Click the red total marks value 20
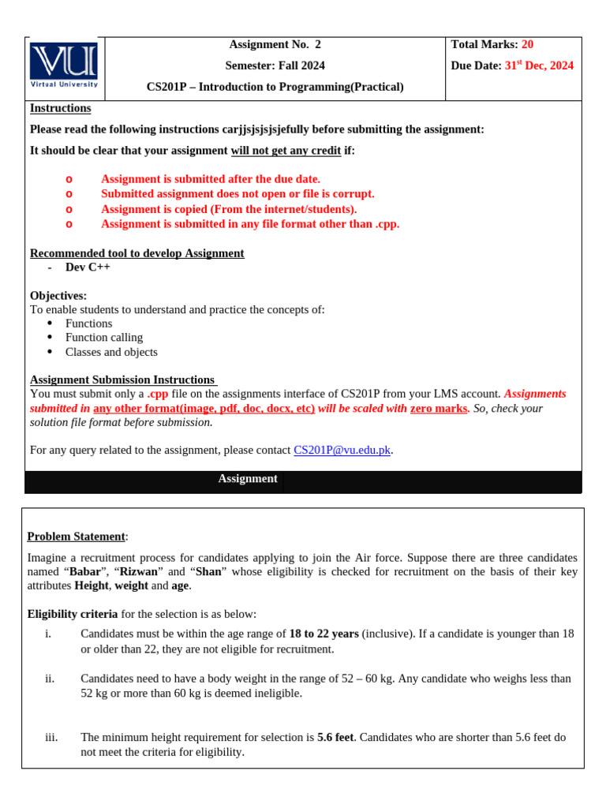(x=528, y=45)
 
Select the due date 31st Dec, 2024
(x=538, y=65)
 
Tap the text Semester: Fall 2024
(x=275, y=65)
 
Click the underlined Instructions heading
(x=60, y=108)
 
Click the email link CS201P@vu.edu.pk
(x=342, y=451)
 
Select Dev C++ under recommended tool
(x=88, y=267)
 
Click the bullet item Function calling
(x=104, y=338)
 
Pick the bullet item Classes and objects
(x=111, y=352)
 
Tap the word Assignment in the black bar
(x=248, y=479)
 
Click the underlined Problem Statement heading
(x=76, y=537)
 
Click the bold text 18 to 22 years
(x=324, y=634)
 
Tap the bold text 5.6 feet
(x=335, y=738)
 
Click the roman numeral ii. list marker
(x=50, y=679)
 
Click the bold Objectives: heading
(x=58, y=296)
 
